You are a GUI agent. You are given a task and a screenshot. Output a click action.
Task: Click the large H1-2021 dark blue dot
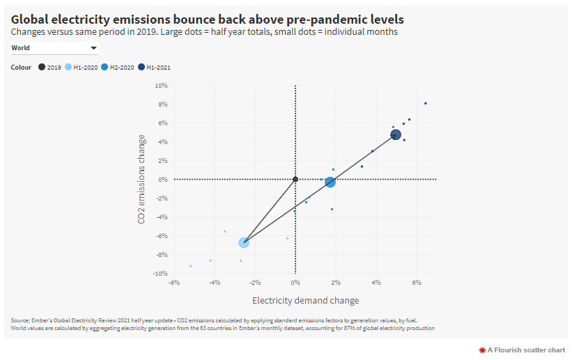(396, 135)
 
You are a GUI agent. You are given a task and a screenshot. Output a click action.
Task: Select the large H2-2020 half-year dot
(330, 182)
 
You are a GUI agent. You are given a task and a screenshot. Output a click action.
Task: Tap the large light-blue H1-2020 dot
(244, 242)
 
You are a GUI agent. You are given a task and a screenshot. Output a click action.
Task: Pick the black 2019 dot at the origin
(295, 179)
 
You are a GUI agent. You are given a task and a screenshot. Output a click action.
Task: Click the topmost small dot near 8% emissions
(425, 103)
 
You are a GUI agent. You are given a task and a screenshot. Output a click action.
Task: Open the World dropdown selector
(54, 48)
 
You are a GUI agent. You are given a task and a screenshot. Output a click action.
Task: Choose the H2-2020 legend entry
(118, 68)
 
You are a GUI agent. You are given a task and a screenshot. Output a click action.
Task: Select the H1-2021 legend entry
(155, 68)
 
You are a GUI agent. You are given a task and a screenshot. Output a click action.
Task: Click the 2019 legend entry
(50, 68)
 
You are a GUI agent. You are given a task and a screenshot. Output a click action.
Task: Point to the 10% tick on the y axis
(161, 86)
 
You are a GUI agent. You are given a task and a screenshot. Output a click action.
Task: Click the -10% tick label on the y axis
(160, 274)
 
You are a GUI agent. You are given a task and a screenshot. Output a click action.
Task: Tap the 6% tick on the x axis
(417, 283)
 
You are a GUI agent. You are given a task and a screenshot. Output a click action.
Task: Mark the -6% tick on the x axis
(174, 283)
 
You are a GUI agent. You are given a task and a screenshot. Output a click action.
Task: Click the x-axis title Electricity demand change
(305, 301)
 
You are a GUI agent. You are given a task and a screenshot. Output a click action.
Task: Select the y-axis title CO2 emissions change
(142, 179)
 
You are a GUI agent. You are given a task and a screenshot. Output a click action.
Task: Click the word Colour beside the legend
(21, 68)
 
